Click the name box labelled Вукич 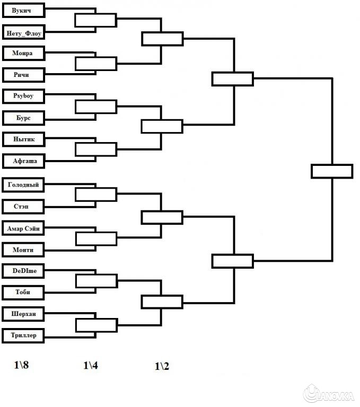[22, 10]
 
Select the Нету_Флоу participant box [22, 33]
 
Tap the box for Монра [22, 53]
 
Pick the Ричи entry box [22, 75]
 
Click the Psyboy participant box [22, 96]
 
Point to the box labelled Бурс [22, 118]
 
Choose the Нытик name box [22, 139]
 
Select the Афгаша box [22, 161]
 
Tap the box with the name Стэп [22, 207]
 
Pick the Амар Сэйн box [22, 228]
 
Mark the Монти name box [22, 250]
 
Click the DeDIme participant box [22, 271]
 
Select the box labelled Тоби [22, 292]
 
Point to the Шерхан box [22, 313]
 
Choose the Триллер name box [22, 335]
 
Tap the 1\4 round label [91, 365]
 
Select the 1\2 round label [162, 366]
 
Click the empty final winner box [332, 171]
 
